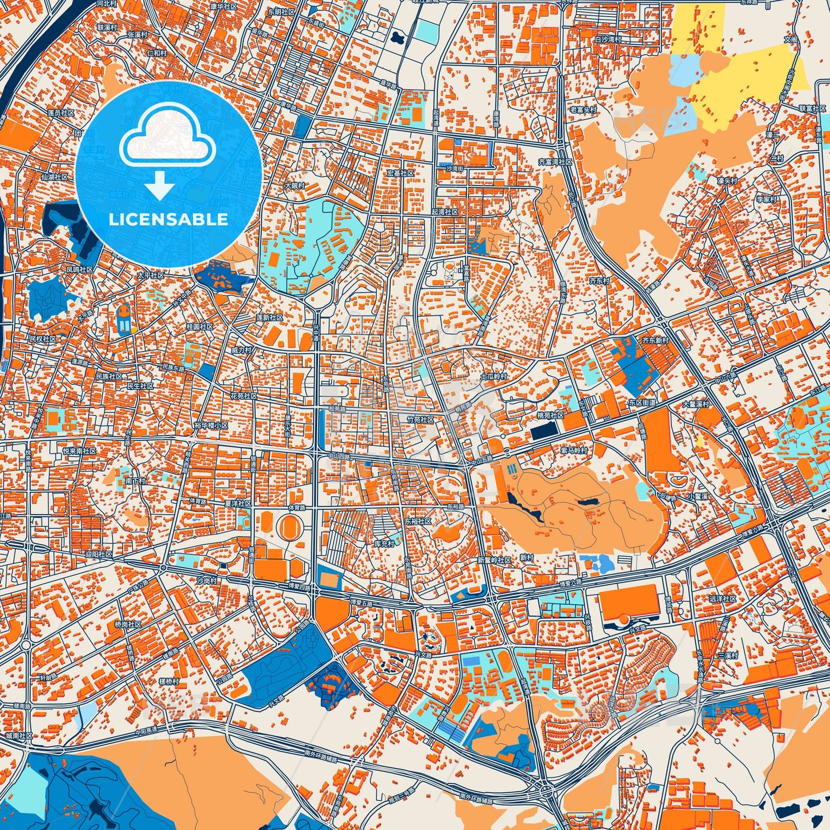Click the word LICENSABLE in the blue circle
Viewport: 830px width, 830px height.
(x=168, y=219)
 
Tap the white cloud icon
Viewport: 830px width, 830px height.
(x=168, y=137)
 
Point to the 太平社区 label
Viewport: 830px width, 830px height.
(x=150, y=276)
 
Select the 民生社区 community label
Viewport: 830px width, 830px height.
(x=140, y=386)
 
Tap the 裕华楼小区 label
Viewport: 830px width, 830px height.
(x=211, y=426)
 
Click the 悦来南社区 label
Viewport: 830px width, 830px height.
(x=80, y=451)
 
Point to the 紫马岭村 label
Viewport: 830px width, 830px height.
(x=574, y=450)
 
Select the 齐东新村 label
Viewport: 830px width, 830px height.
(x=655, y=340)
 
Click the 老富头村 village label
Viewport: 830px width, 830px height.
(x=583, y=109)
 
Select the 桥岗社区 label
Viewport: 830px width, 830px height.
(x=127, y=624)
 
